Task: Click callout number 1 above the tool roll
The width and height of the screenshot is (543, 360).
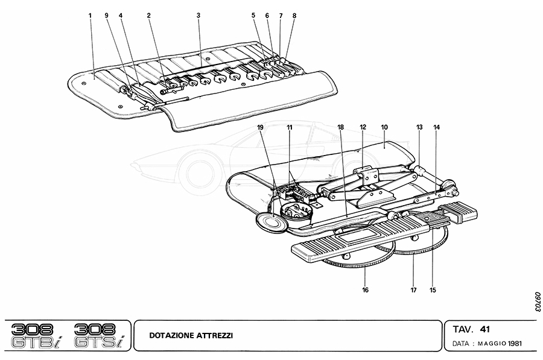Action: (x=90, y=15)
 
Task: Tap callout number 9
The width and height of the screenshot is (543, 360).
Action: (x=106, y=15)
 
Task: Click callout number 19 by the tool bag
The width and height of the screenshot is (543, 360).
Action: (x=261, y=127)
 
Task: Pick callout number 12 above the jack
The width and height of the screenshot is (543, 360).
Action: (x=363, y=127)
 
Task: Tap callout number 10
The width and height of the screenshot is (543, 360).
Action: (x=384, y=127)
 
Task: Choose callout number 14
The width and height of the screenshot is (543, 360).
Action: (x=436, y=127)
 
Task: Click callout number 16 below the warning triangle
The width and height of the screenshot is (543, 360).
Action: (x=365, y=290)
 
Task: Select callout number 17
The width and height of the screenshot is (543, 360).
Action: (x=414, y=290)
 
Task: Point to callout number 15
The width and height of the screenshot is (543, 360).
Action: (x=433, y=290)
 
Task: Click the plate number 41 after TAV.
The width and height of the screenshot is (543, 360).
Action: (x=484, y=329)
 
